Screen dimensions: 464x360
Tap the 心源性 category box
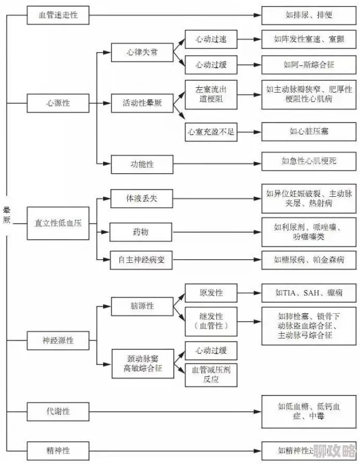(x=58, y=103)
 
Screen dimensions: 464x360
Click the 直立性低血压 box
(x=58, y=222)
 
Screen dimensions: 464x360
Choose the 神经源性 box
(x=58, y=340)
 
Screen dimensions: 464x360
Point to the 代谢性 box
(x=58, y=411)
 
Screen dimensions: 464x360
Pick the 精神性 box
(x=58, y=451)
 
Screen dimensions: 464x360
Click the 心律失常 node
(x=142, y=53)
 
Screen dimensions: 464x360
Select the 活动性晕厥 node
(x=142, y=103)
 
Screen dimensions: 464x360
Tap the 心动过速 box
(x=210, y=39)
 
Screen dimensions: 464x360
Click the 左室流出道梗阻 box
(x=210, y=93)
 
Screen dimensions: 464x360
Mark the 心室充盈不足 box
(x=210, y=131)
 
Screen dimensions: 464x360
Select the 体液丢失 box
(x=141, y=198)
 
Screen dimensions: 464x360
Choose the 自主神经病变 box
(x=141, y=260)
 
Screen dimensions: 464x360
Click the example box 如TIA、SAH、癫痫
(x=308, y=293)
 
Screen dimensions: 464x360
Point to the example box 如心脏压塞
(x=308, y=131)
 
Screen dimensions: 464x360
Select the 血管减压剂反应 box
(x=210, y=374)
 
